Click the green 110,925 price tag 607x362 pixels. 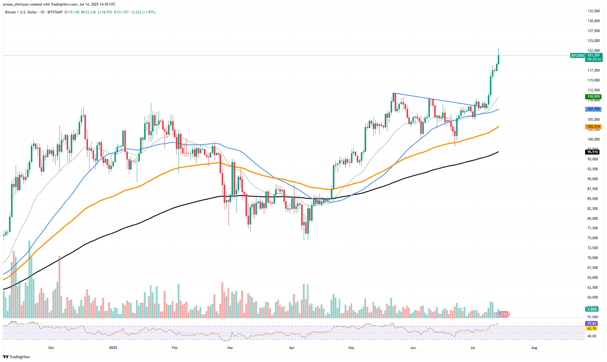(x=593, y=97)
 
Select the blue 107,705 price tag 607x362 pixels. (x=593, y=109)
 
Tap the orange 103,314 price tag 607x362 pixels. (x=593, y=127)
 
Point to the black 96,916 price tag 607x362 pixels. (x=593, y=152)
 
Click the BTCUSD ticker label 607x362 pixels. (x=577, y=55)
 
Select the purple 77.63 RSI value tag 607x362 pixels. (x=592, y=323)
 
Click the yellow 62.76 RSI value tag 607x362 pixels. (x=592, y=328)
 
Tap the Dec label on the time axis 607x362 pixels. (x=51, y=347)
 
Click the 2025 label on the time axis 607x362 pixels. (x=113, y=347)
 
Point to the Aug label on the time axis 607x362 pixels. (x=534, y=347)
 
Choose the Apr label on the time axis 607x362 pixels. (x=291, y=347)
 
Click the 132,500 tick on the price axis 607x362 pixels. (x=593, y=11)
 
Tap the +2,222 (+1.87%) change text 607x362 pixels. (x=143, y=12)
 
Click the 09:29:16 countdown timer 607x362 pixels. (x=594, y=60)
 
